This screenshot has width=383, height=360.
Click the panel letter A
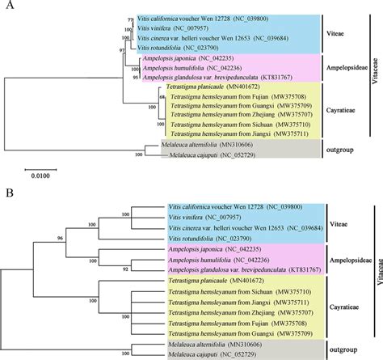[x=7, y=6]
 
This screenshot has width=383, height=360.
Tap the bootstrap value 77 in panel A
[x=130, y=17]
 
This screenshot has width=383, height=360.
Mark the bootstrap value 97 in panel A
[x=121, y=50]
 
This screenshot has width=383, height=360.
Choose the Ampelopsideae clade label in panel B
[x=345, y=260]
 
